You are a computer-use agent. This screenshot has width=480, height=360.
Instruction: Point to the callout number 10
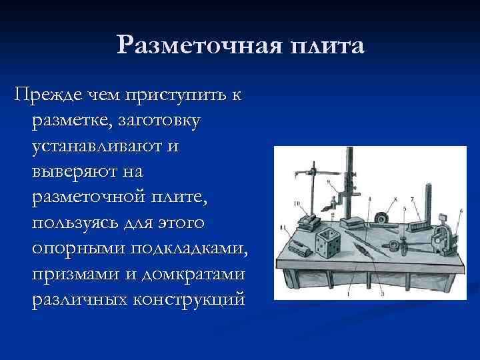tap(295, 203)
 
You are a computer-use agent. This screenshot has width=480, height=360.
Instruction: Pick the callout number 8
tap(396, 199)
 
